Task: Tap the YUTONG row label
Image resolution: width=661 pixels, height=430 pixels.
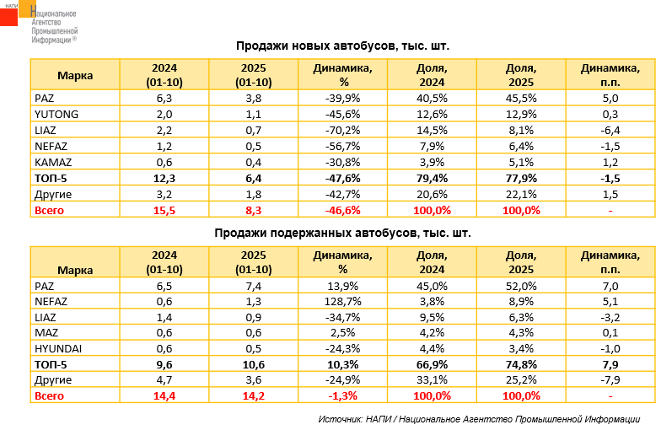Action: tap(57, 115)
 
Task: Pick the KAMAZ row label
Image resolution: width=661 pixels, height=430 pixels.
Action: tap(54, 161)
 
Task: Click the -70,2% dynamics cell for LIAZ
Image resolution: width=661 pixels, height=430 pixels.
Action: tap(342, 130)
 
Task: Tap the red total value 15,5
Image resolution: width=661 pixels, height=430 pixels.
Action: tap(164, 210)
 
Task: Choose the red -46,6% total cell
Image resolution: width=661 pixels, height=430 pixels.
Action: tap(342, 210)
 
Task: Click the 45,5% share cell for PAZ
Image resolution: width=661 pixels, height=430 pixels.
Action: tap(521, 98)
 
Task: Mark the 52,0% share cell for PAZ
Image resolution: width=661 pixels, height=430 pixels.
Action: tap(521, 287)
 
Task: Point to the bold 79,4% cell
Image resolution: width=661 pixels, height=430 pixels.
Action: tap(432, 178)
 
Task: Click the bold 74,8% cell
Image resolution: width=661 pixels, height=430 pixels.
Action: tap(521, 365)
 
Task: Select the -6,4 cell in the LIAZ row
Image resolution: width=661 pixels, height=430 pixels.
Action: tap(610, 130)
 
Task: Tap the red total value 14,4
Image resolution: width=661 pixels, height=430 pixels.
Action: tap(164, 396)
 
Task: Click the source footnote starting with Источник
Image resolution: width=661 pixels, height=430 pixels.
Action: tap(478, 419)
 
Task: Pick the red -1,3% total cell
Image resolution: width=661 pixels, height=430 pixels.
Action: tap(342, 396)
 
